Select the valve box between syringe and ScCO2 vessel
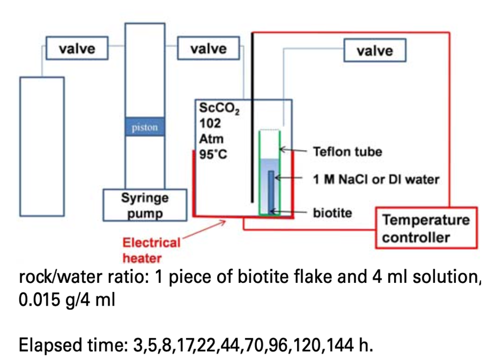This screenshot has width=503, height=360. (208, 49)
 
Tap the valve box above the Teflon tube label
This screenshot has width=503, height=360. (375, 51)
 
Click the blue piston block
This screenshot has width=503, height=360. (145, 128)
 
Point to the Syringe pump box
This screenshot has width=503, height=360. (144, 205)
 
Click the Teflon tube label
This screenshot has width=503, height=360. (347, 152)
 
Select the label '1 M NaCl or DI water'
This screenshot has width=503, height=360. (375, 180)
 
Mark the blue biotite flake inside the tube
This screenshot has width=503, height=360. (271, 190)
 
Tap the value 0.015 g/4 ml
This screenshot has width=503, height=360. (67, 299)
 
